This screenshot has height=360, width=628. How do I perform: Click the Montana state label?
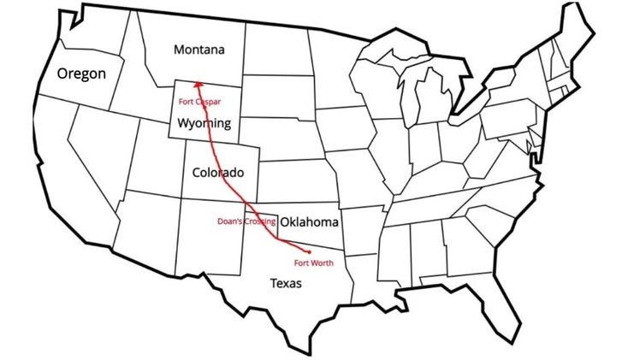(199, 50)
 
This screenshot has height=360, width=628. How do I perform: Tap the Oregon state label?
(81, 74)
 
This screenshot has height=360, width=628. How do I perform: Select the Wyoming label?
(204, 123)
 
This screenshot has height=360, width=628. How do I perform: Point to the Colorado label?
(217, 171)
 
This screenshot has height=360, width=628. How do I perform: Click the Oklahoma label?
(309, 222)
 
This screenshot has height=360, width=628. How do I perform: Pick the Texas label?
(285, 283)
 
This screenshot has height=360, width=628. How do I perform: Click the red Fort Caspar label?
(199, 102)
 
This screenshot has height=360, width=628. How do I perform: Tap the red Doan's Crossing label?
(246, 221)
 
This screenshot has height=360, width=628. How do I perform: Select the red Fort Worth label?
(314, 263)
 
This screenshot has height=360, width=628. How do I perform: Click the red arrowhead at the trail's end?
(196, 84)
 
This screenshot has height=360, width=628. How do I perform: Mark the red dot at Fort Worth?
(308, 252)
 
